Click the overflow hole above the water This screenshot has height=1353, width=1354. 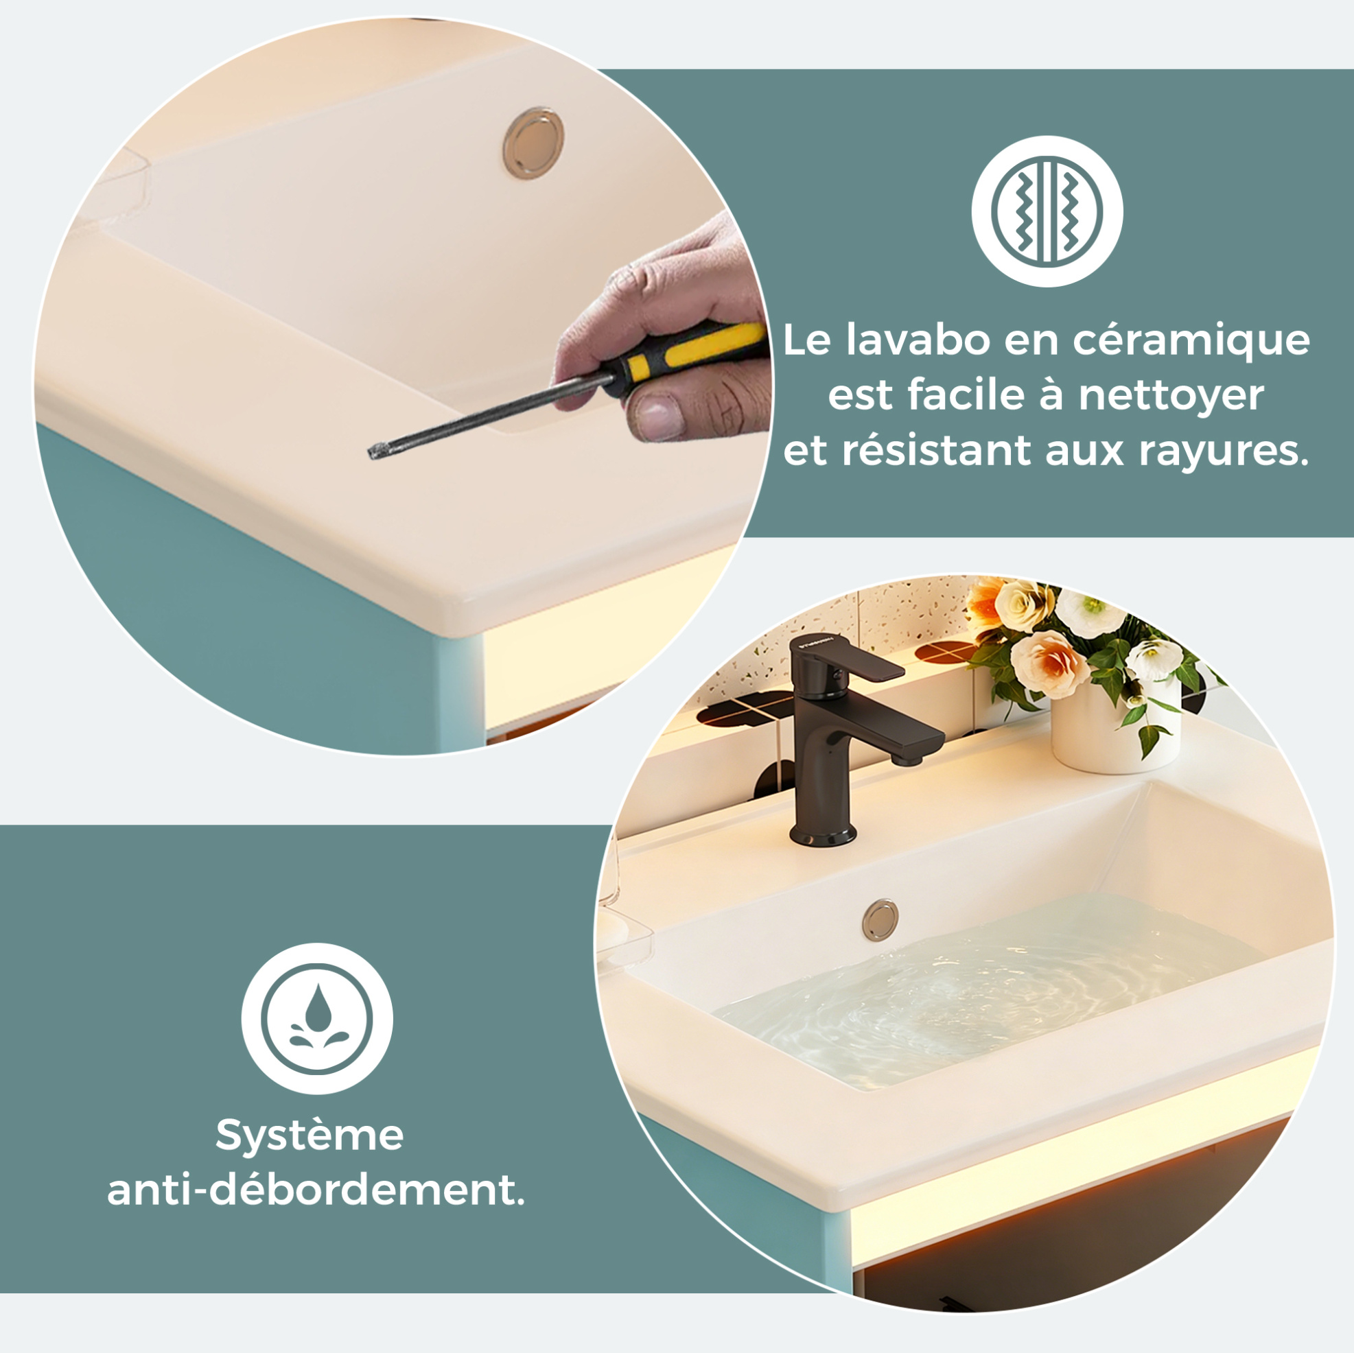[881, 919]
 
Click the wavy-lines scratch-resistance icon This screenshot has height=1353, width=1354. [1047, 211]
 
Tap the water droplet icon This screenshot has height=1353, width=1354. [317, 1018]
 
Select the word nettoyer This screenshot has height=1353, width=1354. [1170, 396]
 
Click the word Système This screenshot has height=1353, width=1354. [310, 1136]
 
